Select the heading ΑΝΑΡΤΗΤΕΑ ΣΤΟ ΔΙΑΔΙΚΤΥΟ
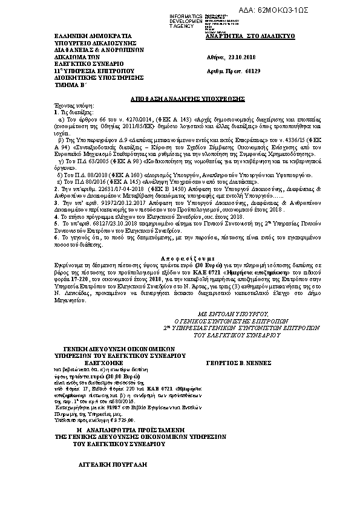coord(241,37)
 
